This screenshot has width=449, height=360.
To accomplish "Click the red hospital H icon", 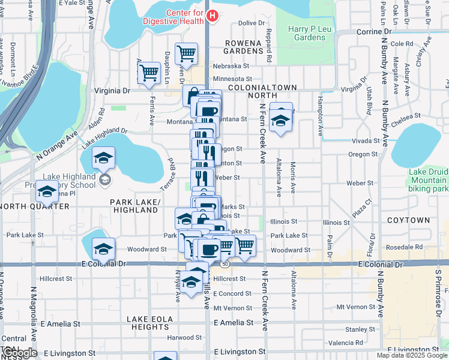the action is [211, 15].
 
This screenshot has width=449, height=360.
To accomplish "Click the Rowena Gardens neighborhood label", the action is [244, 47].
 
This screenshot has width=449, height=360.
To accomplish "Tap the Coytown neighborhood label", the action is [409, 220].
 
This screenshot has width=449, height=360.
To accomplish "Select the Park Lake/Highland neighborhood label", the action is [136, 206].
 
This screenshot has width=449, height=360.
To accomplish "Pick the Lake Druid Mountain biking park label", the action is [428, 181].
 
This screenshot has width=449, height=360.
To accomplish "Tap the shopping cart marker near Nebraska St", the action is [187, 53].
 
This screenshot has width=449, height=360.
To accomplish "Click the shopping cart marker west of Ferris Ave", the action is [148, 73].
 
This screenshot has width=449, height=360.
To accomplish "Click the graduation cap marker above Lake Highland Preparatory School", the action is [104, 158].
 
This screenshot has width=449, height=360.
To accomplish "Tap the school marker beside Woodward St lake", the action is [103, 248].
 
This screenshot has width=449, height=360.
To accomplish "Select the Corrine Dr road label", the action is [373, 31].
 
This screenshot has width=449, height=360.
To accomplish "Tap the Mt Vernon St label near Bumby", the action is [355, 307].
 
